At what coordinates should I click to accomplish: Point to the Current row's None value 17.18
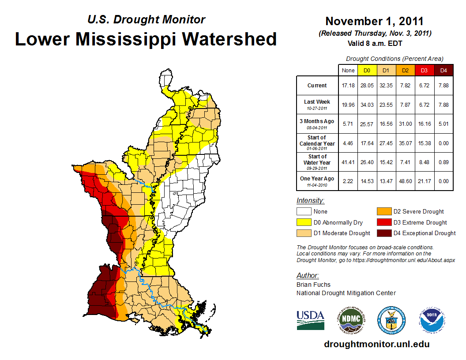click(348, 86)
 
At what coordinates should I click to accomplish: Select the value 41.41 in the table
click(348, 162)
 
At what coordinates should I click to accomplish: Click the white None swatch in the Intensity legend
click(304, 212)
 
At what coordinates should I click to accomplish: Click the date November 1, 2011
click(374, 22)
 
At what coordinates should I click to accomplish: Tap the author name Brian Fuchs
click(313, 285)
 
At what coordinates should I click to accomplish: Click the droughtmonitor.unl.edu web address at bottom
click(376, 344)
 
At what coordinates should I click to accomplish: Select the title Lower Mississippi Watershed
click(146, 39)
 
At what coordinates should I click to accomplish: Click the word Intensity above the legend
click(310, 201)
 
